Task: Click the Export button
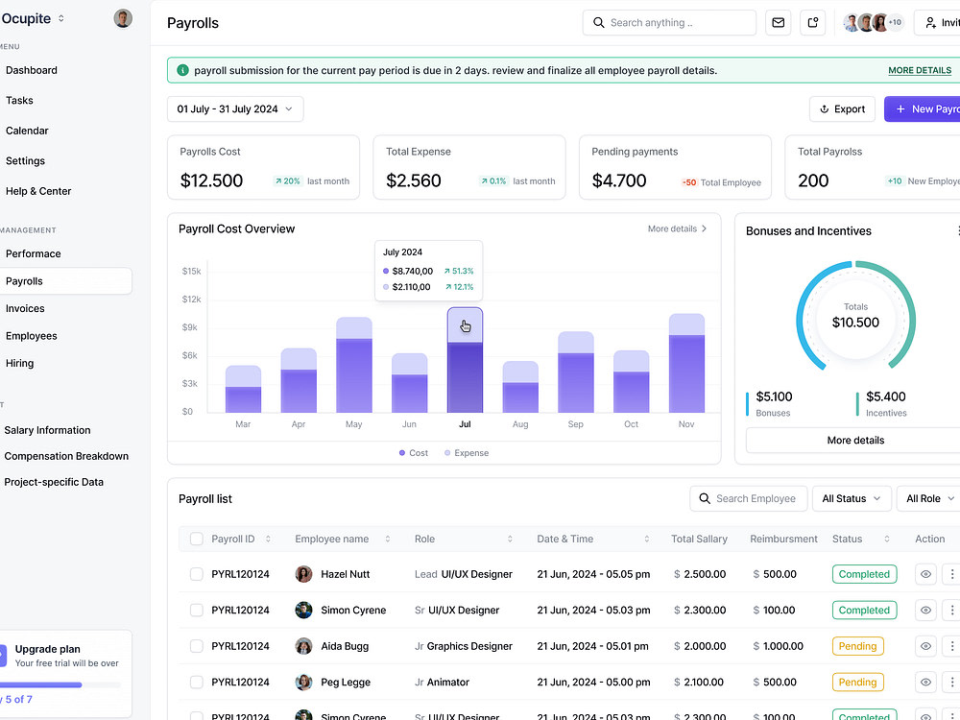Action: tap(842, 109)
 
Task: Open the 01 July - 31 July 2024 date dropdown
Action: tap(235, 109)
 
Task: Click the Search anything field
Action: tap(669, 23)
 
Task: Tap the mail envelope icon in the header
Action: tap(779, 23)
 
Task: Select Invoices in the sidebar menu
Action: tap(25, 308)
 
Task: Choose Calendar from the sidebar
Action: tap(27, 131)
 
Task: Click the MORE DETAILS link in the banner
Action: tap(920, 70)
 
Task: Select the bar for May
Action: tap(354, 365)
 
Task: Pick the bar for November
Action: tap(686, 363)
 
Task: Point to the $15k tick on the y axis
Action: tap(191, 271)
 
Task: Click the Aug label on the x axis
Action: tap(520, 423)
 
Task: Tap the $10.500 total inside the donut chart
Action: tap(855, 323)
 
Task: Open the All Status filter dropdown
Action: tap(851, 498)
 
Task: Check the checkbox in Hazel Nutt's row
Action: tap(197, 574)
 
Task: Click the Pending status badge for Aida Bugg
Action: tap(857, 646)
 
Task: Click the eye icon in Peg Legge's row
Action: tap(925, 682)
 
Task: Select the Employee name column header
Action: tap(332, 539)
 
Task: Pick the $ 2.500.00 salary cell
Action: tap(700, 574)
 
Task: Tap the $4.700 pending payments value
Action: tap(619, 180)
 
